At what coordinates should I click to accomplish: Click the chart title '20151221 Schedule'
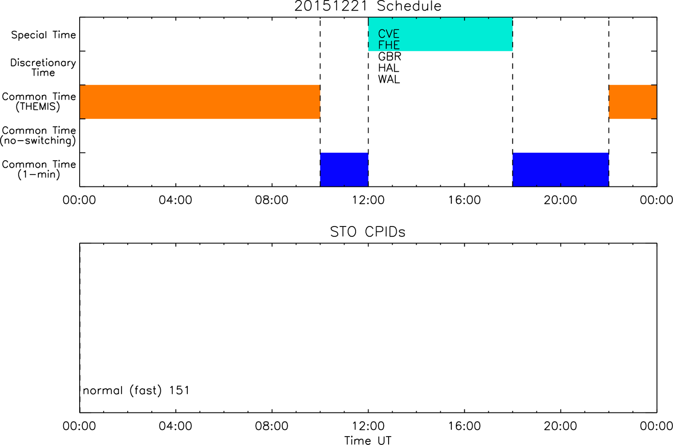368,6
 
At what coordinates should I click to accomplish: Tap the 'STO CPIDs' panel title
368,232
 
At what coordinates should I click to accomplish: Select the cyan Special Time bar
441,34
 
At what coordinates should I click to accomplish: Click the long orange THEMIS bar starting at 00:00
200,102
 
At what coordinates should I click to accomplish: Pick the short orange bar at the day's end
633,102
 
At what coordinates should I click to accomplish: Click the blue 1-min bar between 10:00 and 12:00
345,170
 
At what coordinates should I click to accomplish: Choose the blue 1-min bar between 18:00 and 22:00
561,170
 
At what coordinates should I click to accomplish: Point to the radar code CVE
389,34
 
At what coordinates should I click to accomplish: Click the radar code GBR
389,57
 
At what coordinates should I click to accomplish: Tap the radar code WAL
389,79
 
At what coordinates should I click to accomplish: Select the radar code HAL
389,68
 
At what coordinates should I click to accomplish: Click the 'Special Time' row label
44,35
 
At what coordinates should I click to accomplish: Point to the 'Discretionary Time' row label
43,68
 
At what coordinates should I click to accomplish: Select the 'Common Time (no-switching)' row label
38,136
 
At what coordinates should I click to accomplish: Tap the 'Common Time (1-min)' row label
39,170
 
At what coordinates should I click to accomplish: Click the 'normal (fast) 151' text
136,390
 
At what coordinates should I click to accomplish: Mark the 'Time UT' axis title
368,441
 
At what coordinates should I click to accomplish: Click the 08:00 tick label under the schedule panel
272,200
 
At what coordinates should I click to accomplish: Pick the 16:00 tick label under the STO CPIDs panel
465,426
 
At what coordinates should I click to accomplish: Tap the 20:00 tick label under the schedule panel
560,200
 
